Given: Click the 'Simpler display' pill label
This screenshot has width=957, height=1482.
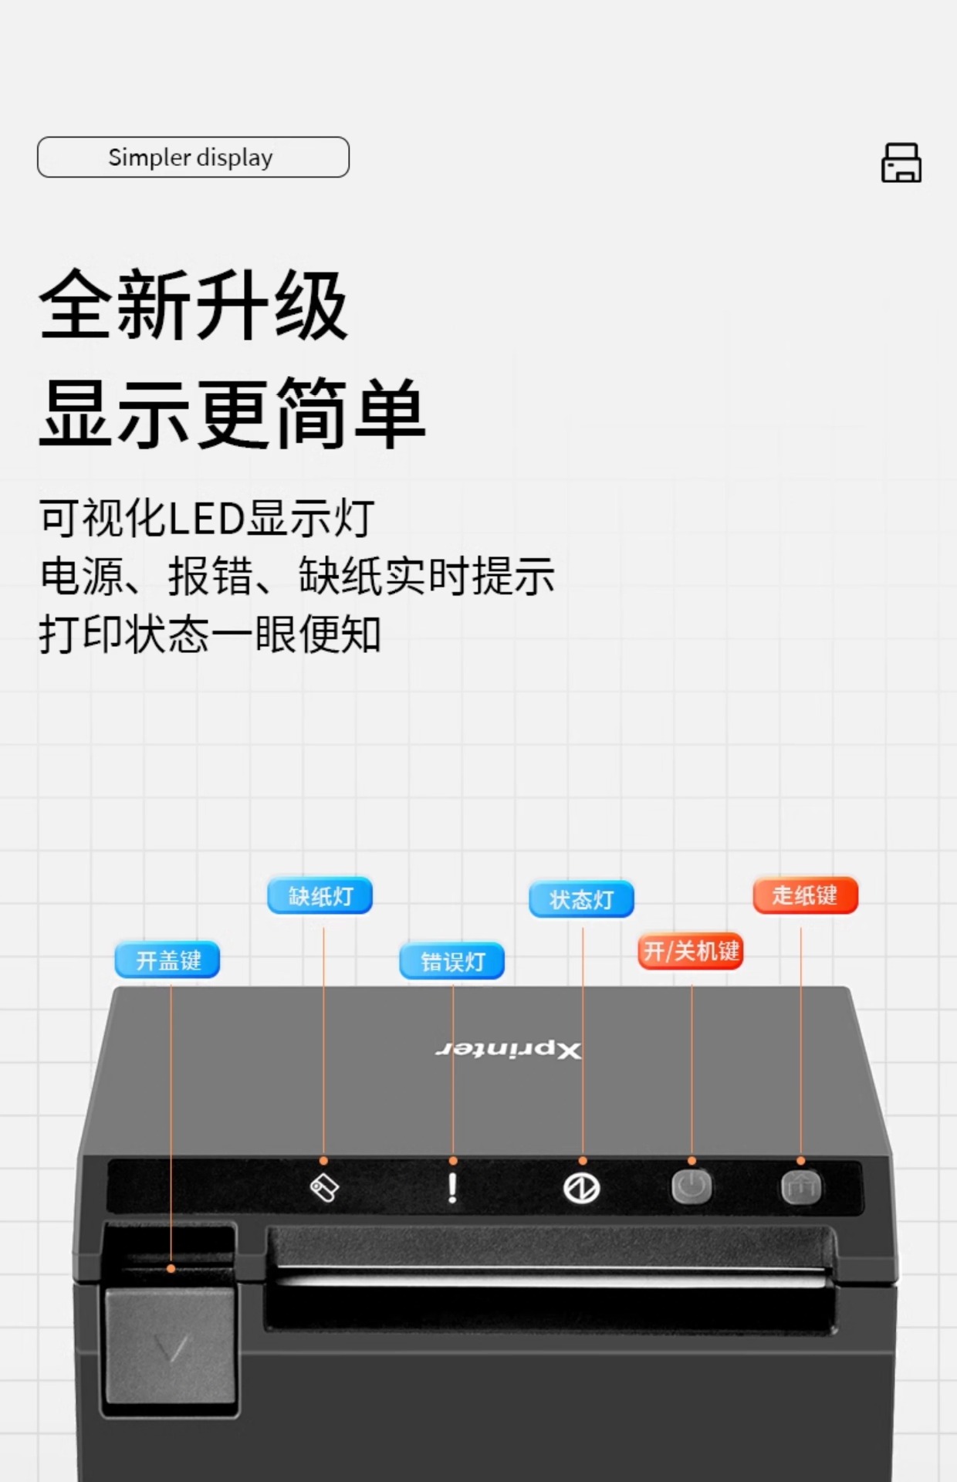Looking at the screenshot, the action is pos(193,157).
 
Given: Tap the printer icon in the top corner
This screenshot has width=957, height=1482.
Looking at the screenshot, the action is pos(901,162).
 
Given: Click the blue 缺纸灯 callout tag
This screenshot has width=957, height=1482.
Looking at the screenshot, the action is pos(320,896).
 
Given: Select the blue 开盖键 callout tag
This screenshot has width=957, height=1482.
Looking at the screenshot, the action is pos(168,960).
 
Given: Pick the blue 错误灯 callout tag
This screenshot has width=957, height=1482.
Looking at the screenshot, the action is pos(452,961).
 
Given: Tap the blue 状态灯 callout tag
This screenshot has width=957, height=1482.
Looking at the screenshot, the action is pos(581,899).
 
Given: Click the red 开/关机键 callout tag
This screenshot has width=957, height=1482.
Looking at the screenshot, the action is pos(691,951).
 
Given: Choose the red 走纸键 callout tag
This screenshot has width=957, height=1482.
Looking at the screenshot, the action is pos(805,895).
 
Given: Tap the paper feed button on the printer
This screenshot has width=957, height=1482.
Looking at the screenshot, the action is pos(800,1187).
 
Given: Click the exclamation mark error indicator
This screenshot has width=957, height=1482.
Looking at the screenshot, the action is pos(452,1188).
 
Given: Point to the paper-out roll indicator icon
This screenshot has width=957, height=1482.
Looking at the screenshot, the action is pos(324,1188).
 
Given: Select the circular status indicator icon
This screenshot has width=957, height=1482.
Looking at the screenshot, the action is pos(581,1188).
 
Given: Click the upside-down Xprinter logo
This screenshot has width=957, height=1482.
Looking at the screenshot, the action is pos(509,1050).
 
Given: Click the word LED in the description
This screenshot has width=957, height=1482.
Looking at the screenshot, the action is pos(206,518).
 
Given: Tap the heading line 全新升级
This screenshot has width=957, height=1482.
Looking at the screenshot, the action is pos(194,306).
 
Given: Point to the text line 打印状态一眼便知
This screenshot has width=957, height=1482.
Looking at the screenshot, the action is pos(210,634).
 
